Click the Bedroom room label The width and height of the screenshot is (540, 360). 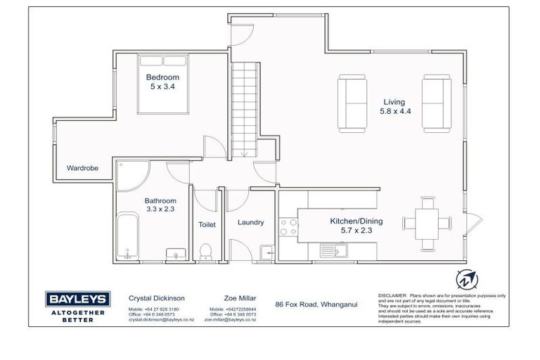pos(162,77)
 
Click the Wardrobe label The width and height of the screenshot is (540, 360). pos(82,169)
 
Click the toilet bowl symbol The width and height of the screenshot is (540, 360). pos(206,251)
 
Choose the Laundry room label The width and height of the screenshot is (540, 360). pos(251,223)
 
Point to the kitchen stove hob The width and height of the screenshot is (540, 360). pos(288,226)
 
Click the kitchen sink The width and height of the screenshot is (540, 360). pos(329,249)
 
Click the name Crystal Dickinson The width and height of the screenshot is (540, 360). pos(157,298)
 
